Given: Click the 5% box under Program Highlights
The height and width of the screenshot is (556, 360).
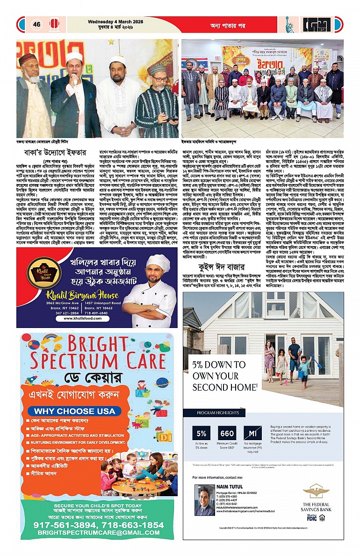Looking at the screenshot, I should [202, 433].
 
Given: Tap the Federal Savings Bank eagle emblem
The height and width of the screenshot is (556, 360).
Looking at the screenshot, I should [316, 492].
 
